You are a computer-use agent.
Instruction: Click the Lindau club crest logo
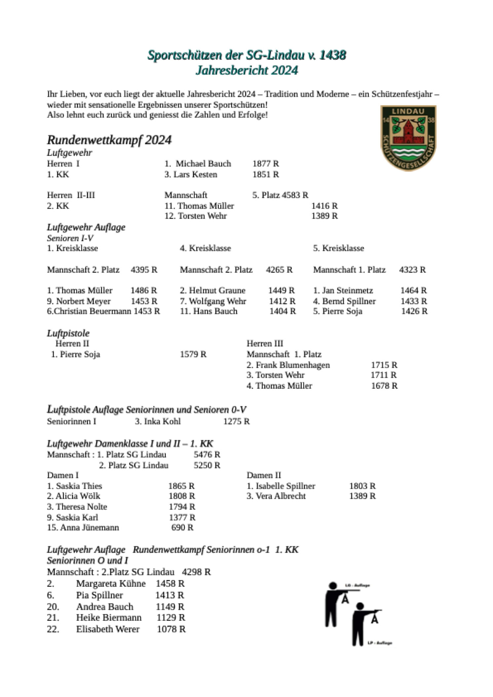pos(408,138)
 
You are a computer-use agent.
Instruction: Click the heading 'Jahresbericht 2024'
pos(246,70)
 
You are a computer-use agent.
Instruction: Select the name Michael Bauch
pos(203,164)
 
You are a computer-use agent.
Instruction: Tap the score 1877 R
pos(266,164)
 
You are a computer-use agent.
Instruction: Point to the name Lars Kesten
pos(195,174)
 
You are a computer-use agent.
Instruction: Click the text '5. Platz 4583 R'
pos(280,195)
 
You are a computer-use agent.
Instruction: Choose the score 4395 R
pos(144,270)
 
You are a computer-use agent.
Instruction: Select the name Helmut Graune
pos(217,290)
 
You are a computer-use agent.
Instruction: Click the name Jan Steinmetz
pos(347,290)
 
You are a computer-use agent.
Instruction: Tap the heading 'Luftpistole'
pos(68,333)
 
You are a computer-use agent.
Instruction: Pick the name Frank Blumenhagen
pos(292,365)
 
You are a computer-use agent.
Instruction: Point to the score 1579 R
pos(193,354)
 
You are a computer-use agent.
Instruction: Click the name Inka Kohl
pos(162,422)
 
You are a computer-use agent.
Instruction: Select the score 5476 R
pos(207,455)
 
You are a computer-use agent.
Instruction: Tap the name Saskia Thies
pos(79,486)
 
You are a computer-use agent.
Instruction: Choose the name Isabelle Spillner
pos(285,486)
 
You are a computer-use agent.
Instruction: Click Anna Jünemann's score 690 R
pos(182,528)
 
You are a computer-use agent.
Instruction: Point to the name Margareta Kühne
pos(111,584)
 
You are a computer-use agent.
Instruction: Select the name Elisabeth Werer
pos(108,629)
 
